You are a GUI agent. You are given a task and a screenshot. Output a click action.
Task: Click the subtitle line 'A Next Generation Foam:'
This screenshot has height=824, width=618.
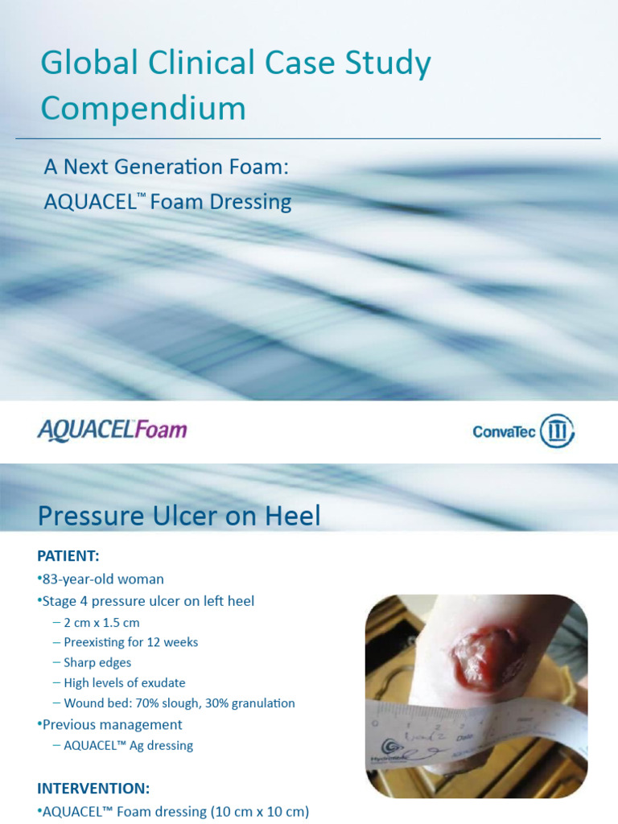point(166,167)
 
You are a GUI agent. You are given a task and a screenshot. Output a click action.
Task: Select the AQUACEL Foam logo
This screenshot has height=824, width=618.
point(112,430)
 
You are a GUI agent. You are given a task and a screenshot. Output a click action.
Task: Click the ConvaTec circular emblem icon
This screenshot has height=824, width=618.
point(557,431)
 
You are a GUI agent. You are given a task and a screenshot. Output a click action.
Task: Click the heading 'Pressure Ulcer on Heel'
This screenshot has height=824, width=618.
point(179,516)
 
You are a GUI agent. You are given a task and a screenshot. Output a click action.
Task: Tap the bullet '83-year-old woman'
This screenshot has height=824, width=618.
point(102,579)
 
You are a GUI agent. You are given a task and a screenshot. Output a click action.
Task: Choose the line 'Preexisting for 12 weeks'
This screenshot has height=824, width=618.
point(130,642)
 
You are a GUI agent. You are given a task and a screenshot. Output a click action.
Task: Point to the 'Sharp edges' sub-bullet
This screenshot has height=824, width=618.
point(97,662)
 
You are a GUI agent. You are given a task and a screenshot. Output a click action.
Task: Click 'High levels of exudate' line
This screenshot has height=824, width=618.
point(124,683)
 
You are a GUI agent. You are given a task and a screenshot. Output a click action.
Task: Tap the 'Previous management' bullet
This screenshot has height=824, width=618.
point(112,724)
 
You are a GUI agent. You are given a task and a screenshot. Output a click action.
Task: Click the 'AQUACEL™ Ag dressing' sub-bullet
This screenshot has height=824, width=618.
point(128,745)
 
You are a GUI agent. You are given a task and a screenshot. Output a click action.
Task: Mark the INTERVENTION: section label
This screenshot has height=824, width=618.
point(93,788)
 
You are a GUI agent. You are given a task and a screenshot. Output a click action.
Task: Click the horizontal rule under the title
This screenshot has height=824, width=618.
point(308,138)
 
